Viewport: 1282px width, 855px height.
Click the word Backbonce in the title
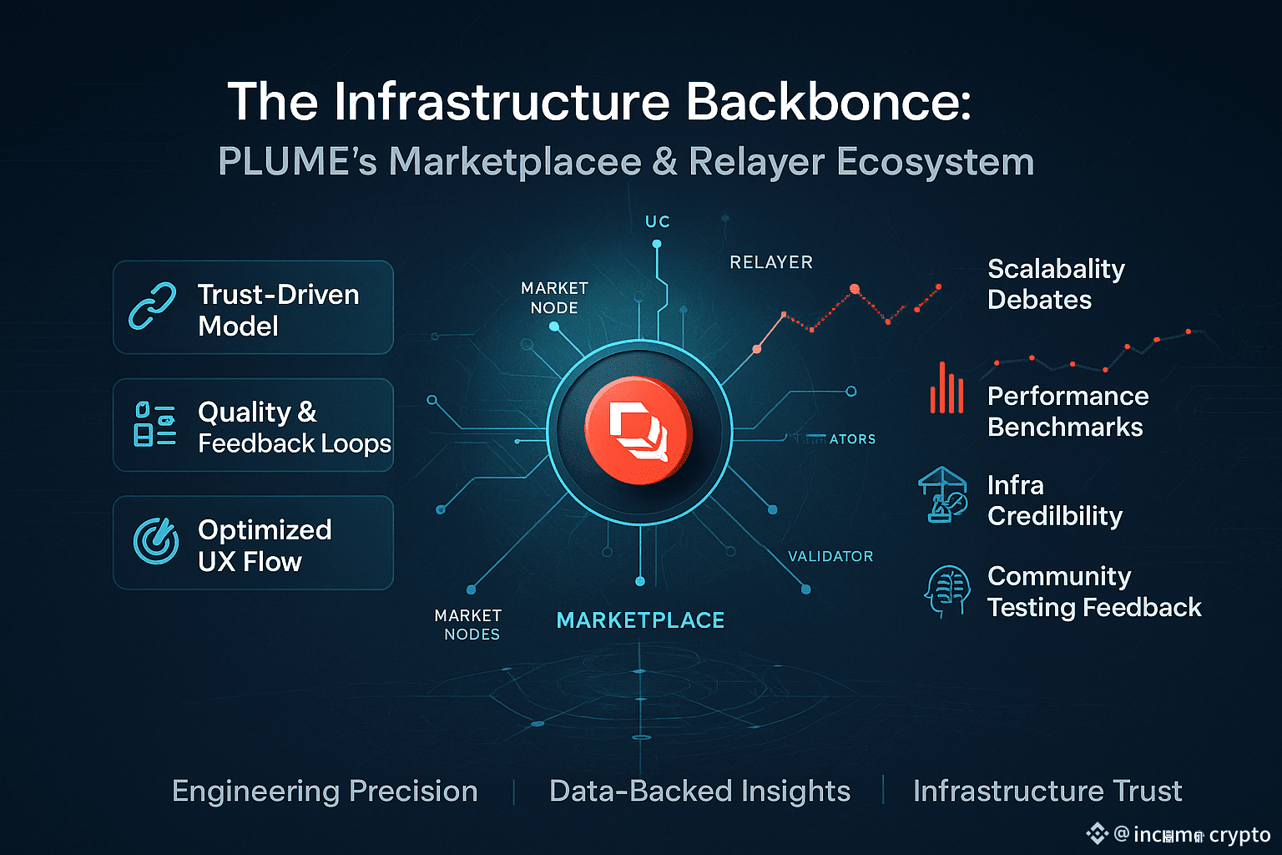(828, 102)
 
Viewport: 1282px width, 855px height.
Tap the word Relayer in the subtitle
(756, 162)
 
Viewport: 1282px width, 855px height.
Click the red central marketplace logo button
(638, 431)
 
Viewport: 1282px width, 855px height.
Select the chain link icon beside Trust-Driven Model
(153, 306)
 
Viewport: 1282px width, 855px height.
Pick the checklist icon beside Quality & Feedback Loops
(154, 424)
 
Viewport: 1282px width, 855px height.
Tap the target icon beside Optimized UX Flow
(156, 541)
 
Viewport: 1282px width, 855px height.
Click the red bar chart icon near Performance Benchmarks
(946, 389)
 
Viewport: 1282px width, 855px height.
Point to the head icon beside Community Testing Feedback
(947, 591)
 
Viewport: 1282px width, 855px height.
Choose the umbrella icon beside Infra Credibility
(943, 494)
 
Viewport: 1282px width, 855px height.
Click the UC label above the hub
(658, 222)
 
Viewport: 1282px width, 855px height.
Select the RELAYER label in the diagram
(771, 262)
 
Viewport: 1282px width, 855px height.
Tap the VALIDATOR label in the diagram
(830, 556)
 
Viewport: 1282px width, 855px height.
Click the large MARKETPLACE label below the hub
(640, 620)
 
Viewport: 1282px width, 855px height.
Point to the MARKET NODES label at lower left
(469, 625)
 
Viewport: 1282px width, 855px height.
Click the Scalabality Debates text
(1056, 284)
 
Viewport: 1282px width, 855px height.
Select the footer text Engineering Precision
(325, 791)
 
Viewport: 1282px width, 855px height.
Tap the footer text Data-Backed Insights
(699, 791)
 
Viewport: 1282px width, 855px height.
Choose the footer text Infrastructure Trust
(1047, 791)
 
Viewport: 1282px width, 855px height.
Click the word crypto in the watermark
(1239, 835)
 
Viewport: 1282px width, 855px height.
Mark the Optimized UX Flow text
(265, 545)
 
